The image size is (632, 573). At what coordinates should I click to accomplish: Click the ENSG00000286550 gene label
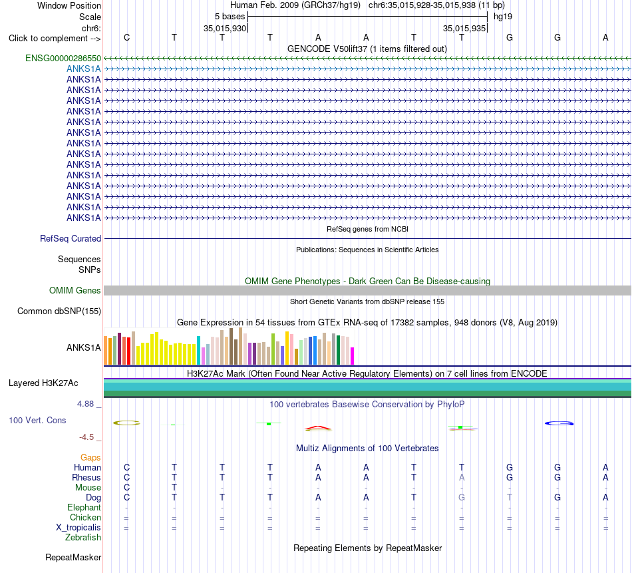[x=63, y=58]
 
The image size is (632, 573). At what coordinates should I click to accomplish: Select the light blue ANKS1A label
[x=83, y=69]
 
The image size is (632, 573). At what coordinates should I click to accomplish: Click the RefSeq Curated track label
[x=71, y=239]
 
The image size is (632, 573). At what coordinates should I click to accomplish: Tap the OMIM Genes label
[x=75, y=290]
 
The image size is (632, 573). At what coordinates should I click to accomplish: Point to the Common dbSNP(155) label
[x=59, y=311]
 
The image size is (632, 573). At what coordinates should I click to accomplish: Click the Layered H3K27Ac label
[x=43, y=383]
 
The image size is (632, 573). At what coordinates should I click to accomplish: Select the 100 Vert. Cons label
[x=37, y=420]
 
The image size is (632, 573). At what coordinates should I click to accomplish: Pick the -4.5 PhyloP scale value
[x=86, y=437]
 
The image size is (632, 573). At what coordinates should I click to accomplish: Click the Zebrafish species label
[x=83, y=538]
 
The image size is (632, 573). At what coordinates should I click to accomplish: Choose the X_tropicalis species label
[x=79, y=528]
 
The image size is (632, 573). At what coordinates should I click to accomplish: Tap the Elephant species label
[x=84, y=507]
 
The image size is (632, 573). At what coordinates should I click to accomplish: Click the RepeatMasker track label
[x=73, y=557]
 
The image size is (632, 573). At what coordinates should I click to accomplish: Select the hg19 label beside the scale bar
[x=503, y=17]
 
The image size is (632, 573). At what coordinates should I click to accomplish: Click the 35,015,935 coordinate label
[x=464, y=28]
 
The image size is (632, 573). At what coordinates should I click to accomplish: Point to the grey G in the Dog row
[x=462, y=498]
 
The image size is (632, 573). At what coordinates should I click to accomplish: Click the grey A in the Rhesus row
[x=462, y=477]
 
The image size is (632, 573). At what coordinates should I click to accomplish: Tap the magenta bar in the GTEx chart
[x=353, y=356]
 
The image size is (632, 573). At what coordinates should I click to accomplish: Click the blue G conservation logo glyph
[x=559, y=423]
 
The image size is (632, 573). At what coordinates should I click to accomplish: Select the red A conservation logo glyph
[x=318, y=427]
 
